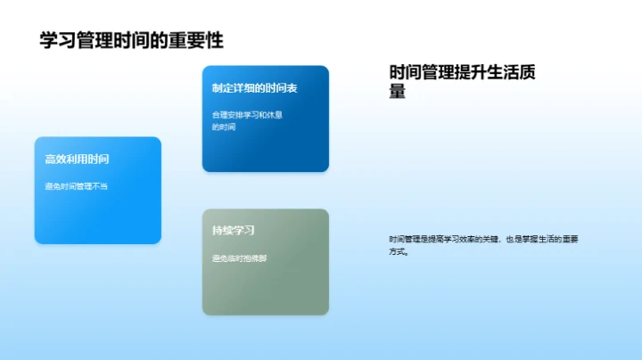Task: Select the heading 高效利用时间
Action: point(78,160)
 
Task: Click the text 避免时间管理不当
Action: point(77,186)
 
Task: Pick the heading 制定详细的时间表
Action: point(255,88)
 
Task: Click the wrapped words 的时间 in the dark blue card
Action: point(224,127)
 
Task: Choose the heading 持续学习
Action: point(234,230)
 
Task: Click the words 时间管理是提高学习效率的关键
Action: point(444,239)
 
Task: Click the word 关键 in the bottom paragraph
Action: point(490,239)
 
